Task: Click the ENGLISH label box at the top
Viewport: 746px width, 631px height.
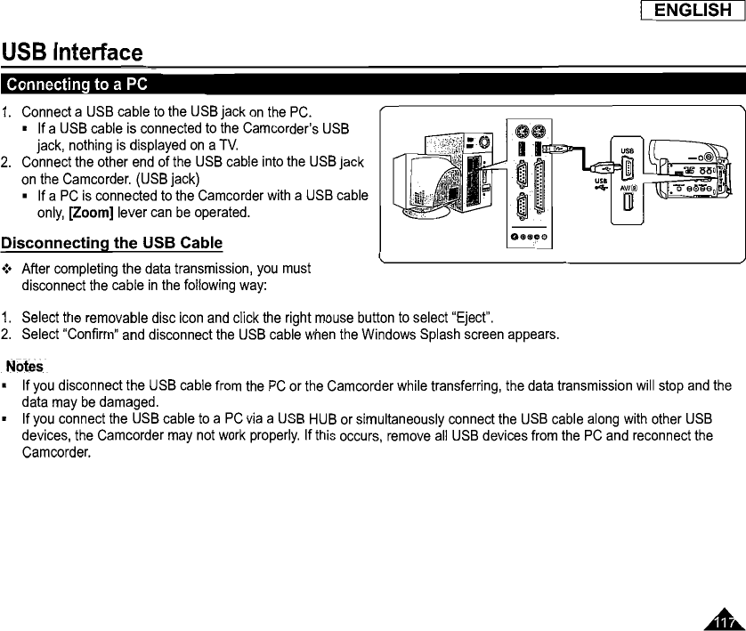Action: pos(693,12)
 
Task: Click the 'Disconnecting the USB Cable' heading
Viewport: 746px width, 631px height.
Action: pos(111,243)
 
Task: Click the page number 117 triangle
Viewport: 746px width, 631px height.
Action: pos(726,619)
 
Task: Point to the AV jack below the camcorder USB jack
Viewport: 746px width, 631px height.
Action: pos(627,200)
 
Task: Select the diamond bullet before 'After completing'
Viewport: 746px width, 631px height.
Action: pos(8,268)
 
